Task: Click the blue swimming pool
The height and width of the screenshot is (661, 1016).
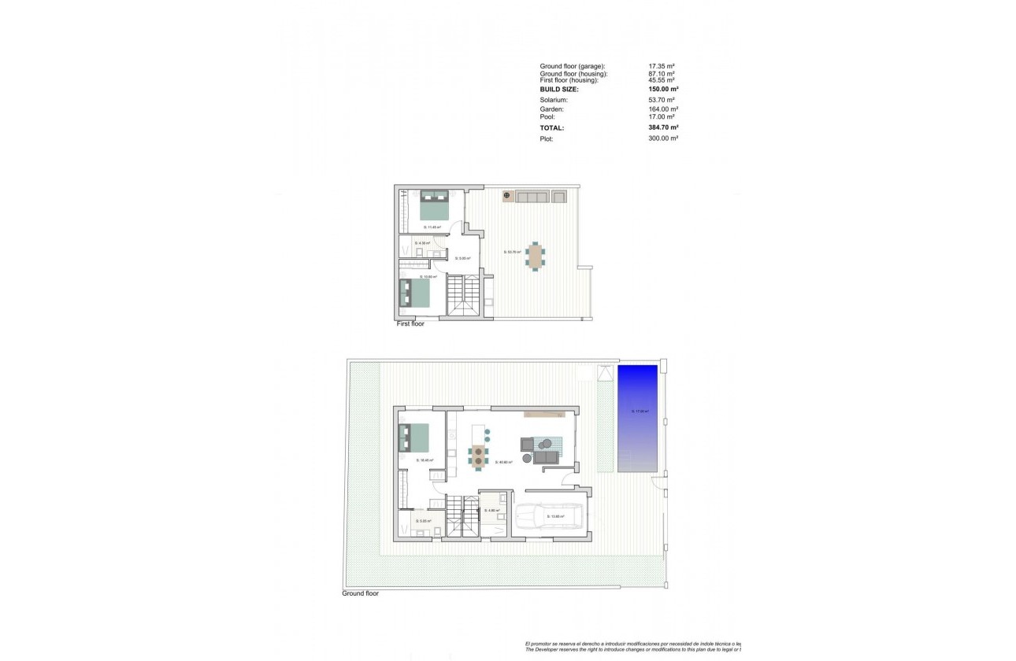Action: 637,418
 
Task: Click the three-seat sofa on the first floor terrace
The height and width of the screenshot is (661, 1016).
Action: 532,196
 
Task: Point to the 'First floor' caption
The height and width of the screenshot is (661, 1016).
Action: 410,323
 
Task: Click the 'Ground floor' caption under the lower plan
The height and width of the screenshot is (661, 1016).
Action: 360,593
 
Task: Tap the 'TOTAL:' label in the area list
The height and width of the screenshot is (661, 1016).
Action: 552,127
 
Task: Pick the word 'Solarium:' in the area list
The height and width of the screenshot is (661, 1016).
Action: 554,100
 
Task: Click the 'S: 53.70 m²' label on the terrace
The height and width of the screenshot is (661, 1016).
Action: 513,253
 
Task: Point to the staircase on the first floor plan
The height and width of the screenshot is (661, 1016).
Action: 463,295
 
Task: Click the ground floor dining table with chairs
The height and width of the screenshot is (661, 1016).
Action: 478,455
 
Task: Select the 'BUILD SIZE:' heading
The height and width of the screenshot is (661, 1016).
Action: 559,90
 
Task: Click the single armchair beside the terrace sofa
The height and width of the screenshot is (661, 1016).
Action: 559,196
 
